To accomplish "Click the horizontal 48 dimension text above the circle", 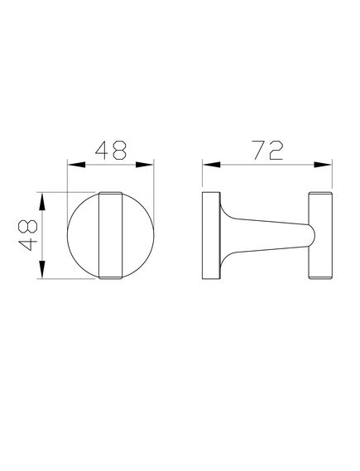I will [x=111, y=150].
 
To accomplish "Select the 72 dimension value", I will [x=267, y=150].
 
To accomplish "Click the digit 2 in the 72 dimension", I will [x=277, y=150].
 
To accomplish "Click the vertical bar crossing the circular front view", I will [x=109, y=237].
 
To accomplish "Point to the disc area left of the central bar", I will [x=83, y=237].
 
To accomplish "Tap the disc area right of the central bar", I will [x=137, y=237].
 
